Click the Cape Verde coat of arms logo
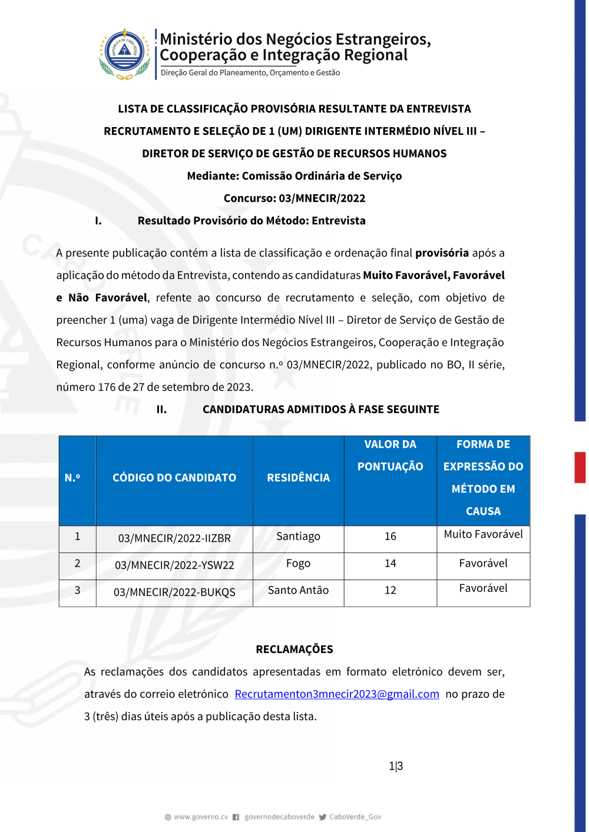124,54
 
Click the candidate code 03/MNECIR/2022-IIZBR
174,538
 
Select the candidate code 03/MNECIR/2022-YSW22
174,565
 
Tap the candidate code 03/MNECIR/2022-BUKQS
174,593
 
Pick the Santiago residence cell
298,537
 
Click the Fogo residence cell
298,564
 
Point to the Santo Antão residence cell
298,590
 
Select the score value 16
390,537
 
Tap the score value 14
390,564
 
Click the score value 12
390,591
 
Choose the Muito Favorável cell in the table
483,534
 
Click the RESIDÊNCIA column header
298,478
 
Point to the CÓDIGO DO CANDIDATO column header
174,478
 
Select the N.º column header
72,478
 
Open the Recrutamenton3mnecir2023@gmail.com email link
337,694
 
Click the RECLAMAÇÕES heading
294,650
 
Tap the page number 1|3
396,766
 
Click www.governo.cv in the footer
200,817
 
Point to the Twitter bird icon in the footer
322,817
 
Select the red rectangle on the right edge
580,468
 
